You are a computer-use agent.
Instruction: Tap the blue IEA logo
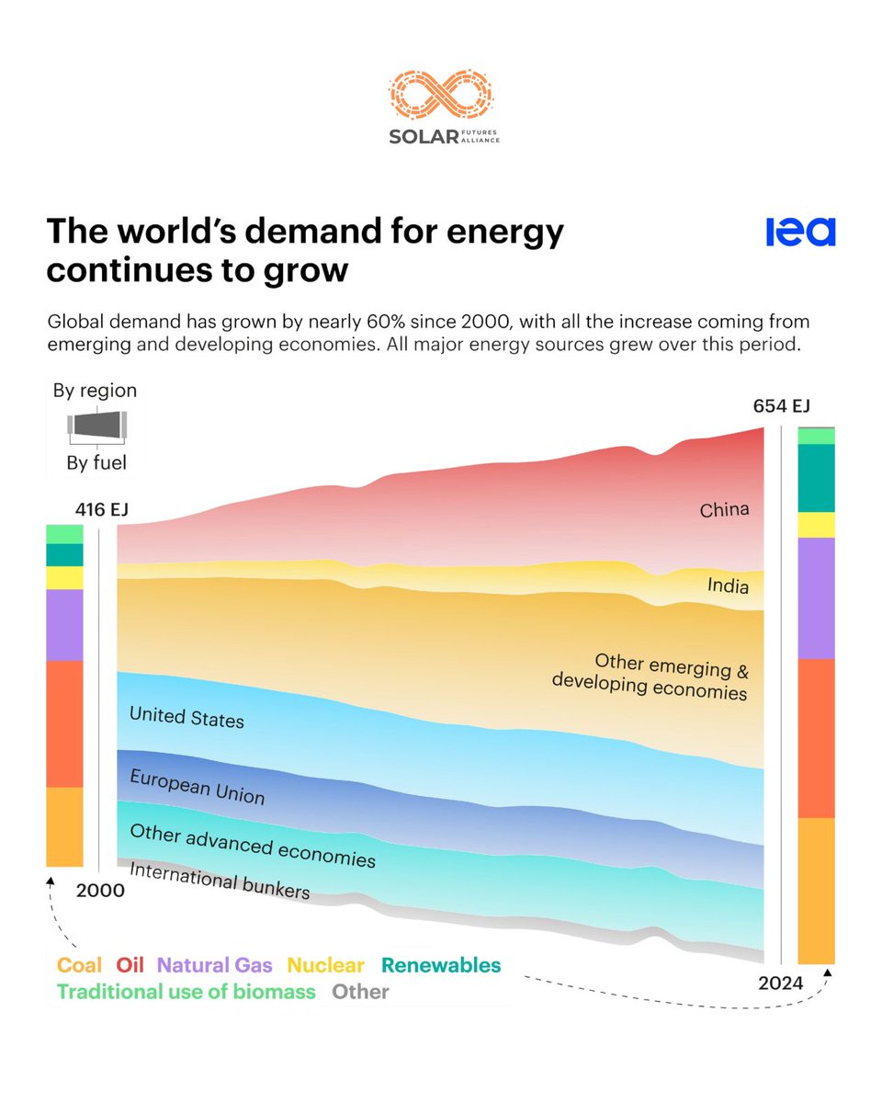(800, 233)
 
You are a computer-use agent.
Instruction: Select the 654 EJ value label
(781, 406)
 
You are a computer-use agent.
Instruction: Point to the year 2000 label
(100, 890)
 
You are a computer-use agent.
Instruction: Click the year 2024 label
(780, 984)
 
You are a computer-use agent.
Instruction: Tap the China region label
(724, 509)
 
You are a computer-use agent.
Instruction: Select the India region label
(728, 586)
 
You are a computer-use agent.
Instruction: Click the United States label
(187, 717)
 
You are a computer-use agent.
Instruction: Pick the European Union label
(197, 787)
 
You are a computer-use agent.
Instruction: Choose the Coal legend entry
(80, 965)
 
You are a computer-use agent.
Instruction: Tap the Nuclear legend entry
(325, 965)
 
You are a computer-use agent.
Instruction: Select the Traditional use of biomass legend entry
(187, 992)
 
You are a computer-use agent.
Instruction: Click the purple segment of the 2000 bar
(64, 625)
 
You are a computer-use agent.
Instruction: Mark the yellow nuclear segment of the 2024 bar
(816, 525)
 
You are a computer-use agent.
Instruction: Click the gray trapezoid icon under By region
(96, 426)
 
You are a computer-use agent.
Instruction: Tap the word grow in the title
(311, 271)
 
